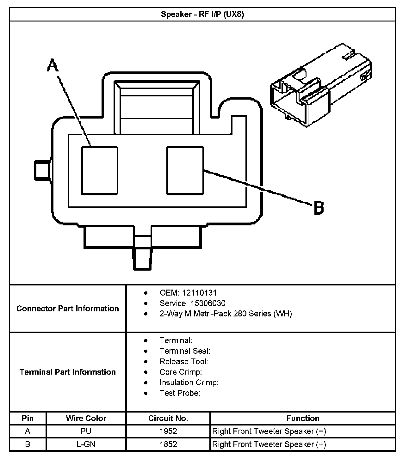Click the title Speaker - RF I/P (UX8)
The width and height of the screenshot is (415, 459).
[202, 15]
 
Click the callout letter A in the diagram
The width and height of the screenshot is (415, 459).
[53, 66]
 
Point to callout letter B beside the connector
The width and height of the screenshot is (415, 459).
[319, 208]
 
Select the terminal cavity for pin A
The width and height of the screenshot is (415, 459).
[100, 170]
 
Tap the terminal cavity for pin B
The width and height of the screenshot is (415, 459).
[185, 170]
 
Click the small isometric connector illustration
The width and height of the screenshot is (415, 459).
[320, 85]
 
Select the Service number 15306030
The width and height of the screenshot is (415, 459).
[207, 303]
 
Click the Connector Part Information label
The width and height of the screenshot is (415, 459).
[68, 309]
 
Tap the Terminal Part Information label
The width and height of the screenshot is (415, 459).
[68, 372]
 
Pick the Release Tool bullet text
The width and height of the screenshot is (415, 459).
[183, 361]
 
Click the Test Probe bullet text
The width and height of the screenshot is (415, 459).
[180, 393]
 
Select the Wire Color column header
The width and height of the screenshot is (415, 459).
[86, 418]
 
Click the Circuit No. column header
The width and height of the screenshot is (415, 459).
[168, 418]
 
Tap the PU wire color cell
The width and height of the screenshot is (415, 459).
[86, 431]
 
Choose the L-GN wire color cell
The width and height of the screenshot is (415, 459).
[86, 444]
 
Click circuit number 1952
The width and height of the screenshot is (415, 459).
[168, 431]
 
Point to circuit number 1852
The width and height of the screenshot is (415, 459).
[168, 444]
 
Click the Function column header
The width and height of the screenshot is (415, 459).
[303, 418]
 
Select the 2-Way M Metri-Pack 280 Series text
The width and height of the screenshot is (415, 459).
[226, 314]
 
